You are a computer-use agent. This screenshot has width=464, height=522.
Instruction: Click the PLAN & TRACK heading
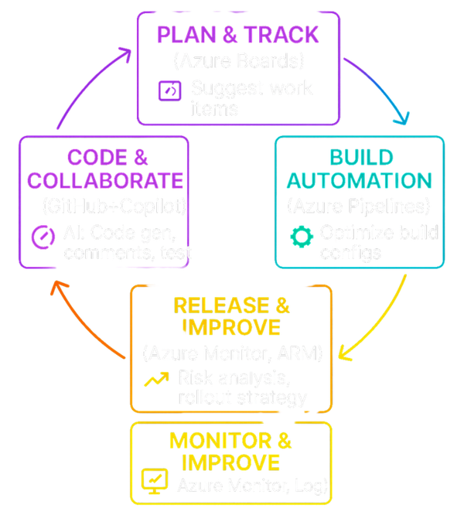(237, 36)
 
